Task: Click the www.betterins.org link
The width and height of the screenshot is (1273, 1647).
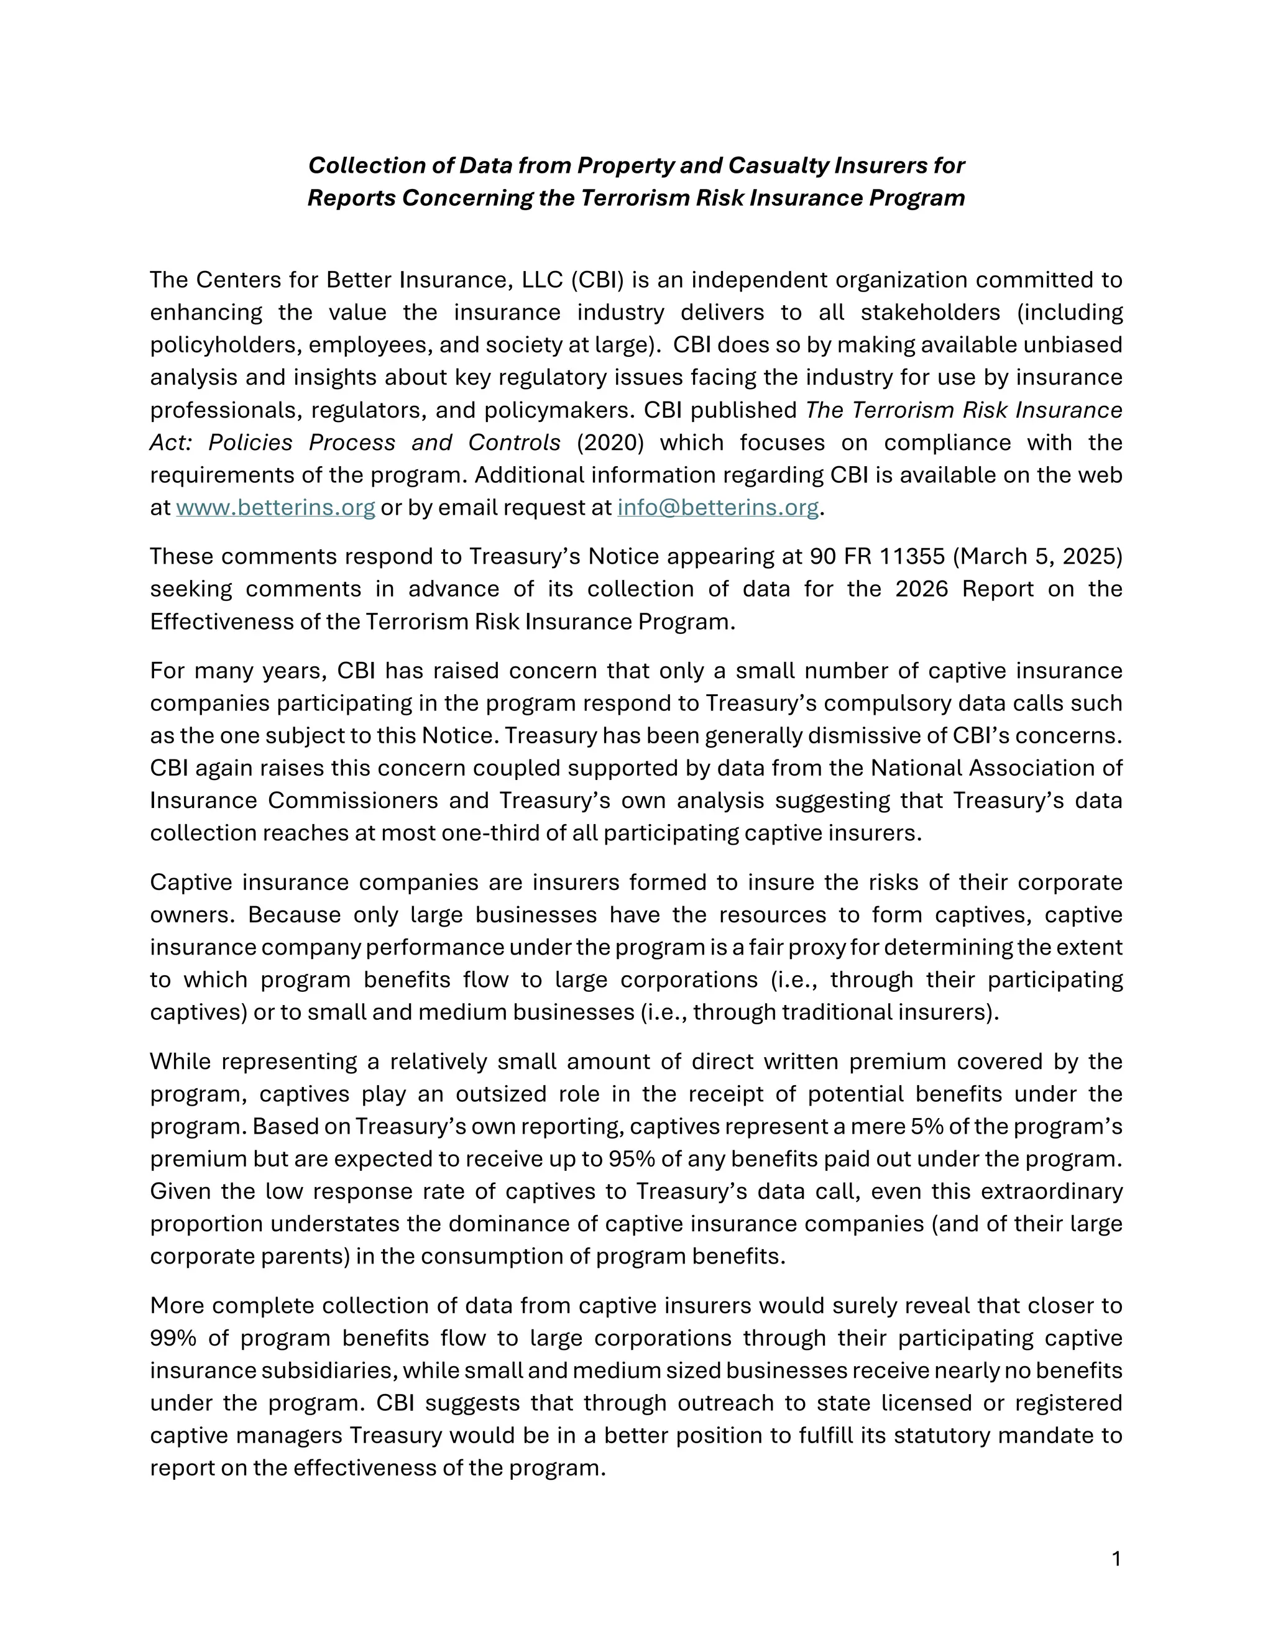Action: [x=275, y=508]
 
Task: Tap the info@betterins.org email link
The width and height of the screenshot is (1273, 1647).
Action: [x=717, y=508]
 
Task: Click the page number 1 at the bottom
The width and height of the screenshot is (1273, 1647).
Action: [x=1116, y=1558]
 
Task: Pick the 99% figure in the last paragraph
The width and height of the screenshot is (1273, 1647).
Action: [x=173, y=1339]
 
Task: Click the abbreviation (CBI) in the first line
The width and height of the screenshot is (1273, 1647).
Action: [x=597, y=280]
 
